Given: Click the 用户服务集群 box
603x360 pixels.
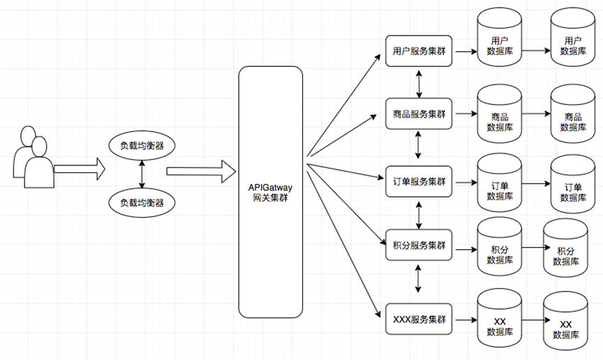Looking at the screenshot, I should coord(419,52).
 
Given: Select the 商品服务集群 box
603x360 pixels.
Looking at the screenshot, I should coord(419,113).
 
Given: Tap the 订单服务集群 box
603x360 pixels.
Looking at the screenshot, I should coord(419,181).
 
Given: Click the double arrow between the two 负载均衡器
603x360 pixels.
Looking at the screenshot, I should coord(142,174).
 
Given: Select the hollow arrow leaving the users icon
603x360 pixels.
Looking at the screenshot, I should coord(78,168).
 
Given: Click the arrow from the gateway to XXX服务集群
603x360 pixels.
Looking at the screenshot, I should coord(346,244).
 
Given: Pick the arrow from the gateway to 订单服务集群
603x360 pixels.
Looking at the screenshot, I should coord(346,174).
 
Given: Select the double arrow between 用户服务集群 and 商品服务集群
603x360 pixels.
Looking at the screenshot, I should coord(419,83).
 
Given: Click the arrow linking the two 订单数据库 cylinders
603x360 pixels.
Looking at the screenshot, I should coord(536,184).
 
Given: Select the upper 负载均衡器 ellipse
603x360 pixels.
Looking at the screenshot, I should coord(142,145).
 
